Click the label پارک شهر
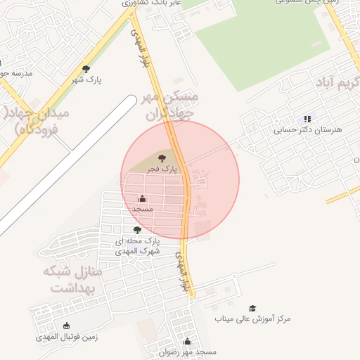[x=85, y=80]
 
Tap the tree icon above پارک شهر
[x=86, y=69]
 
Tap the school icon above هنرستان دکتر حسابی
[x=307, y=120]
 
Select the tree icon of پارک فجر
[x=162, y=158]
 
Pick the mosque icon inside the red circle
[x=143, y=198]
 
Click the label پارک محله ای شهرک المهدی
[x=138, y=245]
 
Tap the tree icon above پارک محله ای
[x=137, y=230]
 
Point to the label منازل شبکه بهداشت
[x=72, y=278]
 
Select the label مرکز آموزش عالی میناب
[x=252, y=319]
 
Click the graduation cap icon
[x=252, y=308]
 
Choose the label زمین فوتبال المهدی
[x=67, y=337]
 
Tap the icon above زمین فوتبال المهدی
[x=67, y=326]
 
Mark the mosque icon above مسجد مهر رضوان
[x=187, y=342]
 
